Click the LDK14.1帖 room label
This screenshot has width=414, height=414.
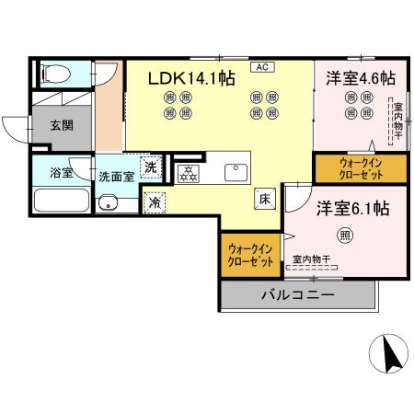pyautogui.click(x=192, y=80)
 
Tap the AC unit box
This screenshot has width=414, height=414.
pyautogui.click(x=262, y=67)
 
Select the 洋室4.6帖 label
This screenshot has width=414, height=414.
pyautogui.click(x=360, y=79)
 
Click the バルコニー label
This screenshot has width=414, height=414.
pyautogui.click(x=296, y=295)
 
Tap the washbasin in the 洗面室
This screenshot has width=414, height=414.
pyautogui.click(x=108, y=203)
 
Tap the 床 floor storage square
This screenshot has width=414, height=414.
pyautogui.click(x=262, y=196)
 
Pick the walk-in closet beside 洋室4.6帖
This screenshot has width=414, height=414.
pyautogui.click(x=348, y=168)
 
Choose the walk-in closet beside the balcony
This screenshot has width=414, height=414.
pyautogui.click(x=251, y=255)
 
